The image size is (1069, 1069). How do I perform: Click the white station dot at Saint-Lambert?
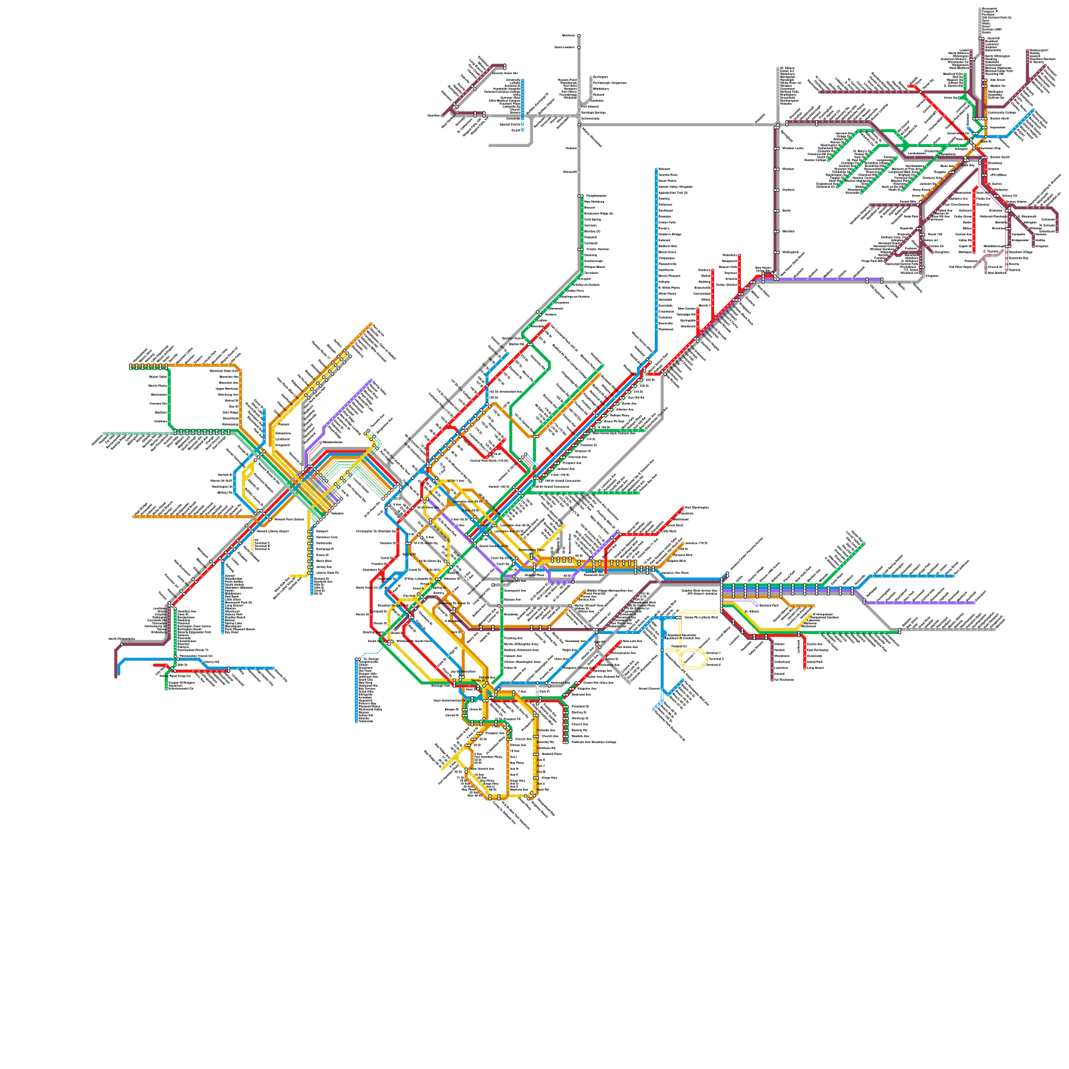(579, 47)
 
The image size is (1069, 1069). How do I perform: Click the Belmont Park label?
(768, 605)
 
